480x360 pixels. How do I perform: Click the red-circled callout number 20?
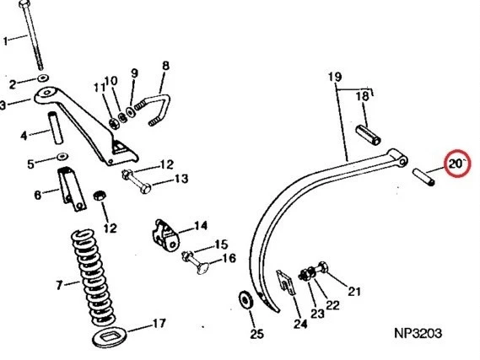tap(455, 164)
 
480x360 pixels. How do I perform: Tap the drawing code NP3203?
tap(418, 333)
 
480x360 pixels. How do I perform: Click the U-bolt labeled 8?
tap(159, 109)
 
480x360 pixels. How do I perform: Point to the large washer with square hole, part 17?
tap(110, 336)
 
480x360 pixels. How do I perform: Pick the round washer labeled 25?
tap(245, 300)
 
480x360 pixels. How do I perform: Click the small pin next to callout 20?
tap(424, 177)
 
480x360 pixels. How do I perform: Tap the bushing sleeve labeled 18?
tap(369, 135)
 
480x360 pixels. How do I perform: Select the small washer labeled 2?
tap(43, 78)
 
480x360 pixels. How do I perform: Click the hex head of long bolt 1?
tap(24, 4)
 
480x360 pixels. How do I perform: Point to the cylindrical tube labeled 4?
tap(55, 128)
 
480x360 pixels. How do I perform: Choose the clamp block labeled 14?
tap(165, 235)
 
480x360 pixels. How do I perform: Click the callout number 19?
tap(335, 77)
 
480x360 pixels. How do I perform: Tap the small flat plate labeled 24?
tap(286, 282)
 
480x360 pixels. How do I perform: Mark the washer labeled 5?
tap(62, 156)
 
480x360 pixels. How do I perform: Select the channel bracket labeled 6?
tap(72, 189)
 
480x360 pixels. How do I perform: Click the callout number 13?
tap(181, 179)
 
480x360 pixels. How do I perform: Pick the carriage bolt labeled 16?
tap(196, 262)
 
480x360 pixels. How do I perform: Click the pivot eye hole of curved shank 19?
tap(403, 160)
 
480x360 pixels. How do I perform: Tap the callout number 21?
tap(354, 291)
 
